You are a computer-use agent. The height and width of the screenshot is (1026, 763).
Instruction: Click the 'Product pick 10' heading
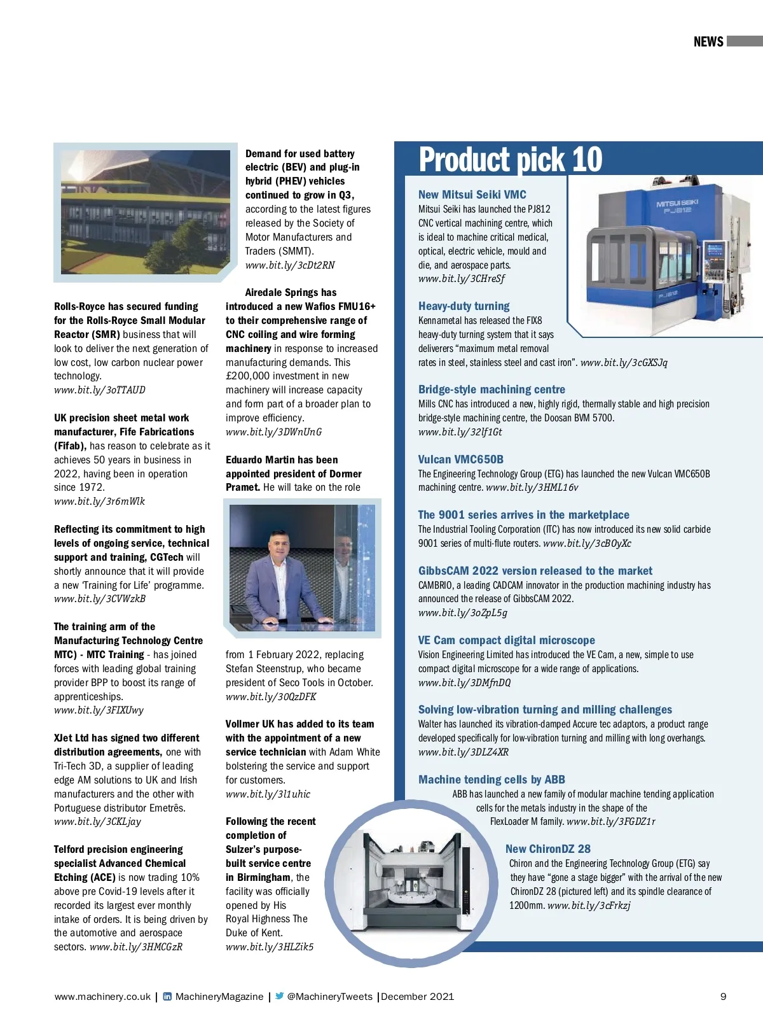pos(510,160)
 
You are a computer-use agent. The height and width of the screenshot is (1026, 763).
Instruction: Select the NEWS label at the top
pos(708,42)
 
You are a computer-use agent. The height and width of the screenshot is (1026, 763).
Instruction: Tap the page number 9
pos(723,997)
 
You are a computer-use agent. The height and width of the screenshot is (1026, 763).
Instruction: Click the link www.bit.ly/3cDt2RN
pos(290,265)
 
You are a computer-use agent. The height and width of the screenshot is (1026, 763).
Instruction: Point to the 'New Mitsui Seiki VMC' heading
pos(472,195)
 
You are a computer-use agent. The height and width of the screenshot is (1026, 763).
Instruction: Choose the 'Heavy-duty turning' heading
pos(464,306)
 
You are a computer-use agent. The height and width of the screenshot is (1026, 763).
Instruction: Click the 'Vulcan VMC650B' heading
pos(460,460)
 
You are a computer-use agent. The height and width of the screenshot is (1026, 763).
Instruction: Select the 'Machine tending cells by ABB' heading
pos(491,780)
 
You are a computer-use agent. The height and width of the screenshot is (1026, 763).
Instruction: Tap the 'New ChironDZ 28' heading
pos(547,849)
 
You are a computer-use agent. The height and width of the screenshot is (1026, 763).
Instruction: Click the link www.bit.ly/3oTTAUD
pos(99,390)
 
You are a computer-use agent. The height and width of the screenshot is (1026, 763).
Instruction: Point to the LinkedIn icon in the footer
pos(167,997)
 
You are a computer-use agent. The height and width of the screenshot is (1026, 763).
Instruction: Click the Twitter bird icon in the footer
pos(279,997)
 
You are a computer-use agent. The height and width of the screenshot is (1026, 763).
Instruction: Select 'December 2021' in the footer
pos(417,997)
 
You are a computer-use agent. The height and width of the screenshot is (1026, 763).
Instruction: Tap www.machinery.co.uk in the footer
pos(102,997)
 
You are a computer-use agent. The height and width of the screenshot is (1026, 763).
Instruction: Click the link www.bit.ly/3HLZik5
pos(270,947)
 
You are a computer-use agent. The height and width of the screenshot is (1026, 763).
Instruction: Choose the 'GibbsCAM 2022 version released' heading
pos(535,571)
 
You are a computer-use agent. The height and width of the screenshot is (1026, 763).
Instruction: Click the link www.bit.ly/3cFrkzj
pos(589,906)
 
